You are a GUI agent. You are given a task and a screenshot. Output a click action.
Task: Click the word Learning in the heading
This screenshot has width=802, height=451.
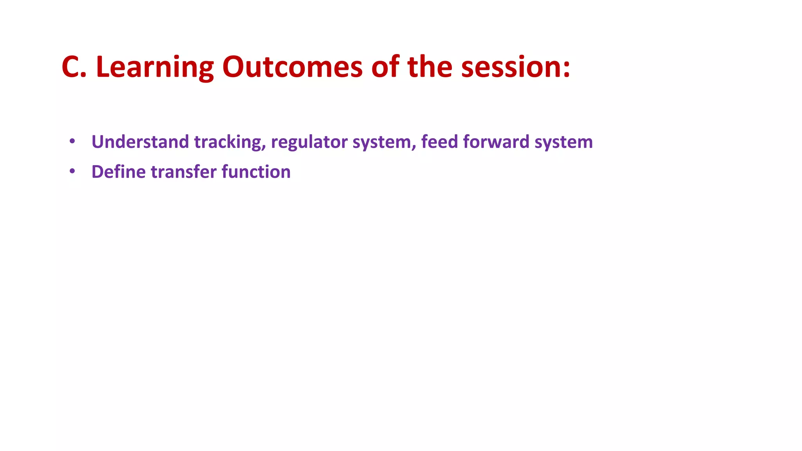click(154, 67)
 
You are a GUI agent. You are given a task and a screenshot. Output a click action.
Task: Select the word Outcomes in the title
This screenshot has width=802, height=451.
click(292, 67)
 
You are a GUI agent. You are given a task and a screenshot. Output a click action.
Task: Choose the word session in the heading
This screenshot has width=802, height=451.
click(511, 67)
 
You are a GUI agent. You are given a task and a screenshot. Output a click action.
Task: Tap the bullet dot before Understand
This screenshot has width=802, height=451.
click(72, 141)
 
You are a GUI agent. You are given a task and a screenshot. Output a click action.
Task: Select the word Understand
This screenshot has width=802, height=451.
click(140, 142)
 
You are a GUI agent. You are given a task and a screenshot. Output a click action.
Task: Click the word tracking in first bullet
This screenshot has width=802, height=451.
click(227, 142)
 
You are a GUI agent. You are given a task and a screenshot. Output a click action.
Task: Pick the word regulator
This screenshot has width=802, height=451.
click(309, 142)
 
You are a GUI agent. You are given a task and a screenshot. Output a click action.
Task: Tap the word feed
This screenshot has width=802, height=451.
click(439, 142)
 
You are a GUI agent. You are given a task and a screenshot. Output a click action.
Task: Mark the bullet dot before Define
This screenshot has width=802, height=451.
click(72, 171)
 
